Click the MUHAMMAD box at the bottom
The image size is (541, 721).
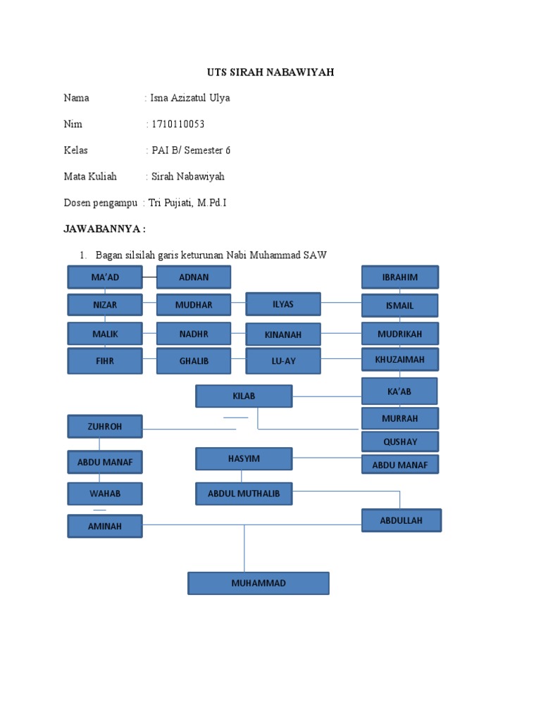(x=259, y=583)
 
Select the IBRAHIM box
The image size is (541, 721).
(x=400, y=277)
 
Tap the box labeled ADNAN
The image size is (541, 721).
(x=194, y=277)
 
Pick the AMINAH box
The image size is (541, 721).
(x=105, y=526)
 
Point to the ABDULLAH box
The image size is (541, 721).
(x=402, y=520)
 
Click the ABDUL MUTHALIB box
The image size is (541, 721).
(x=244, y=494)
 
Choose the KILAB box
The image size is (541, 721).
(x=244, y=396)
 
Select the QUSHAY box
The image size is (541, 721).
(x=400, y=441)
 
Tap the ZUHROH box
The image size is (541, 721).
(x=105, y=427)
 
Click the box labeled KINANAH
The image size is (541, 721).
(x=283, y=334)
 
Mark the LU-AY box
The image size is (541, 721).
(x=283, y=360)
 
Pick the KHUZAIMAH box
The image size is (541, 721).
(x=400, y=360)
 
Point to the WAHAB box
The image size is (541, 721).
(x=105, y=494)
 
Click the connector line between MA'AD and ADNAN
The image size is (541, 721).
(x=149, y=277)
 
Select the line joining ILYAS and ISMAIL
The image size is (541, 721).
(x=342, y=303)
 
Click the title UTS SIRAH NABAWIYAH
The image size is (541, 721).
(x=270, y=73)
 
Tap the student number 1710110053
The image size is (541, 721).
(x=178, y=125)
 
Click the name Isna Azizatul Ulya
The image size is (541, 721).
(x=190, y=98)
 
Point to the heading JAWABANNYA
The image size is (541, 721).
(x=105, y=229)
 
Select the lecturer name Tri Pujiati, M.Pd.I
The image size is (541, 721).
(x=187, y=203)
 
